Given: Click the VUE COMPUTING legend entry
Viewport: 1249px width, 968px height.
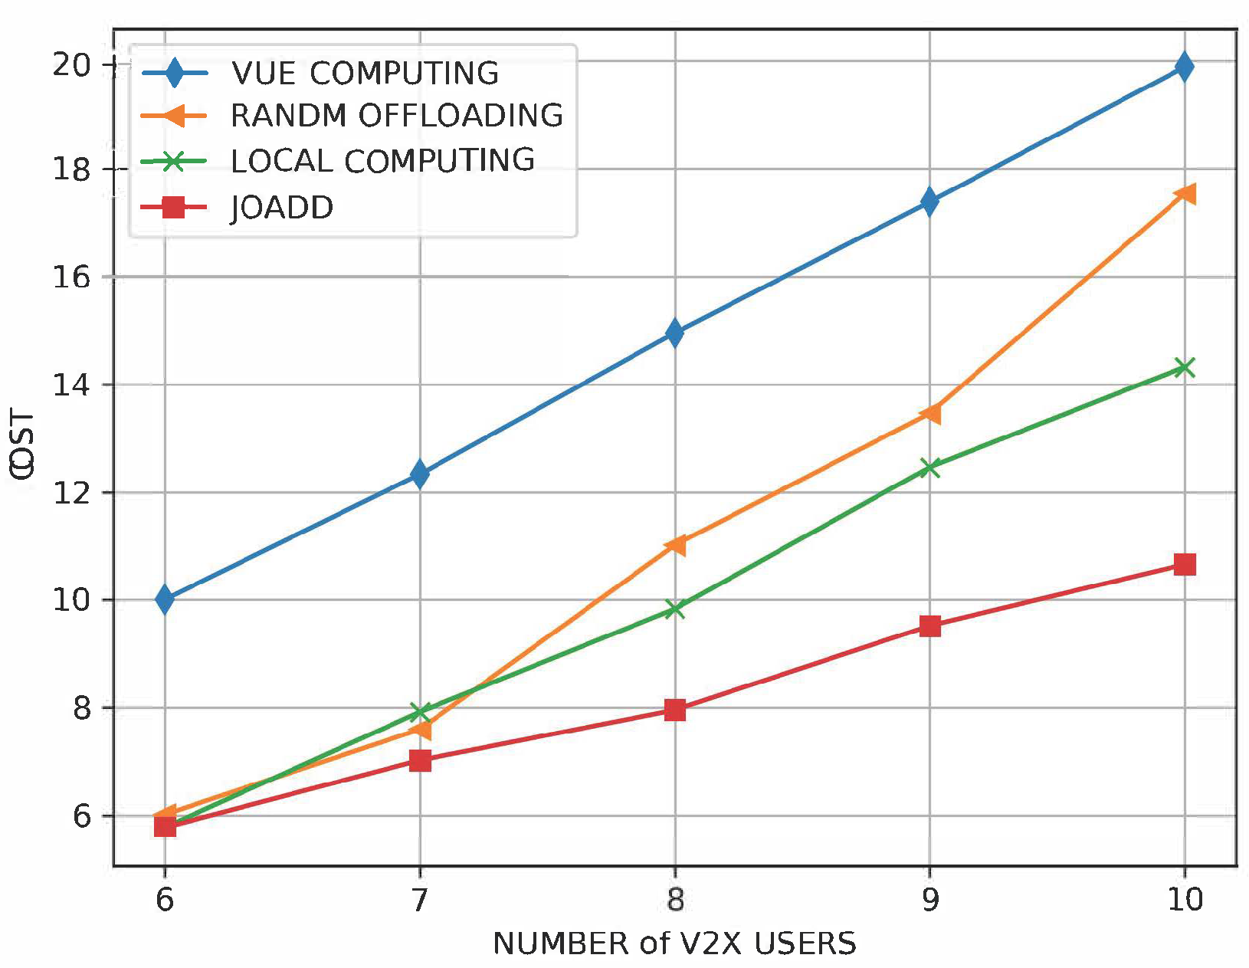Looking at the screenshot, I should coord(365,74).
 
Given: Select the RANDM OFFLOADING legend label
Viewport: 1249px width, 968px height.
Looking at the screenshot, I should coord(396,116).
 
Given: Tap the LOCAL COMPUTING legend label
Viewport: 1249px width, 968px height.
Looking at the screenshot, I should coord(382,161).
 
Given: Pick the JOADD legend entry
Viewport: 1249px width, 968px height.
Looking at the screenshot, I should coord(282,208).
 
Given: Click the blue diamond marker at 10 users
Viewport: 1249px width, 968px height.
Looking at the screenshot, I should coord(1184,67).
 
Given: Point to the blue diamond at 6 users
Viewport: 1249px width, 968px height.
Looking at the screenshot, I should coord(165,599).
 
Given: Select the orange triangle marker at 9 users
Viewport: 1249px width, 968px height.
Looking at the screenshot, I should coord(929,414).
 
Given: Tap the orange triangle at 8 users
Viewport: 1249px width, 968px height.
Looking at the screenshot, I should coord(675,545).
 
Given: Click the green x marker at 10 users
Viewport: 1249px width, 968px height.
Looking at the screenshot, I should coord(1185,368).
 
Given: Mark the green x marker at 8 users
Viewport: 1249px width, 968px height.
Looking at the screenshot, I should coord(675,609).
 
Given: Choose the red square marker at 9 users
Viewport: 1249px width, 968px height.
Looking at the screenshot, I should coord(929,626).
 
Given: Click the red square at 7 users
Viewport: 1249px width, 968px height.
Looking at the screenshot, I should coord(420,760).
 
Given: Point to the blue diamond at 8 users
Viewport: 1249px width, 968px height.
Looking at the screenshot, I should coord(675,333).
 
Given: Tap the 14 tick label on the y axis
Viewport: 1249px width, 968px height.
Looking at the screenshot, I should coord(70,385).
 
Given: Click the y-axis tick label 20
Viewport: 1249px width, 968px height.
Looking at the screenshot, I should coord(70,65).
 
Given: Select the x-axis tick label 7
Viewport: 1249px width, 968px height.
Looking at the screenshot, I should coord(420,900).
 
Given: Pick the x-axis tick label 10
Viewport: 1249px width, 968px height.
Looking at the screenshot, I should coord(1185,900).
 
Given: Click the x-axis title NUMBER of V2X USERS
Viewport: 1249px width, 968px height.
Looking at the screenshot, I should coord(674,943).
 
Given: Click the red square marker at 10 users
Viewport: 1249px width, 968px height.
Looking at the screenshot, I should coord(1185,565).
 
